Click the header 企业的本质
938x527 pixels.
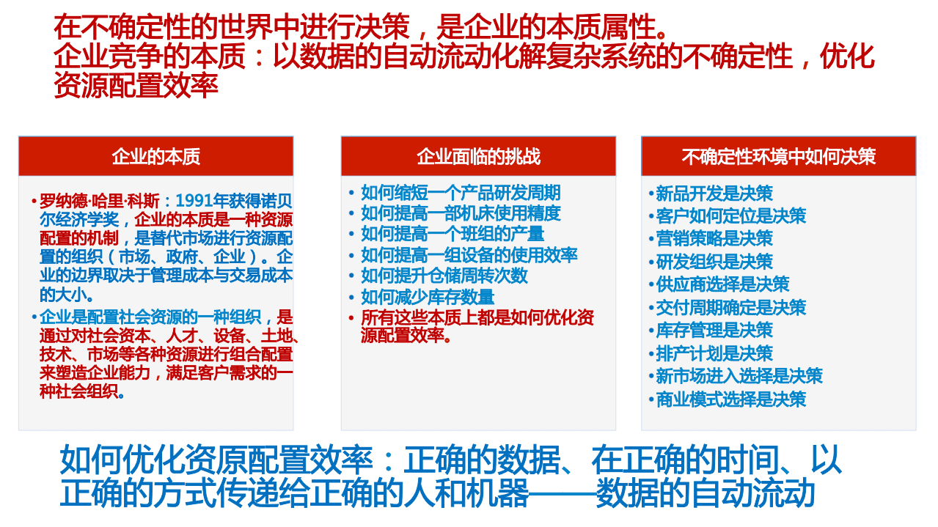pos(155,156)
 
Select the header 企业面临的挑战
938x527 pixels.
pos(478,156)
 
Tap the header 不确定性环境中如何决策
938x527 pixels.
pos(778,156)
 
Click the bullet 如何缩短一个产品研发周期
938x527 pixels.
pos(461,193)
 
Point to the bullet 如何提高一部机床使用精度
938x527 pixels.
pos(461,213)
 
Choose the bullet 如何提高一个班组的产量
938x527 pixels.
pos(452,234)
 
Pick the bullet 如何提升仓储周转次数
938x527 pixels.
pos(444,276)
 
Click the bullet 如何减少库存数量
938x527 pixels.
pos(428,297)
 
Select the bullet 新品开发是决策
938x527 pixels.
pos(714,194)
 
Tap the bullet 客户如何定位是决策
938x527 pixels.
pos(730,215)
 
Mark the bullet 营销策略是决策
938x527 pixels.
pos(714,238)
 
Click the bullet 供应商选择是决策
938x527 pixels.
pos(722,284)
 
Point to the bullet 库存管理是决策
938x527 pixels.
pos(714,330)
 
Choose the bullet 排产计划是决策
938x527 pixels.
pos(714,353)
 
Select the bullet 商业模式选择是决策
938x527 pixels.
pos(730,399)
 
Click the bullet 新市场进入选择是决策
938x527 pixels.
pos(739,376)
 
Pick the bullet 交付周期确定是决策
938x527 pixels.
pos(730,307)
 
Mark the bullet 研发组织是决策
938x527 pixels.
pos(714,262)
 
